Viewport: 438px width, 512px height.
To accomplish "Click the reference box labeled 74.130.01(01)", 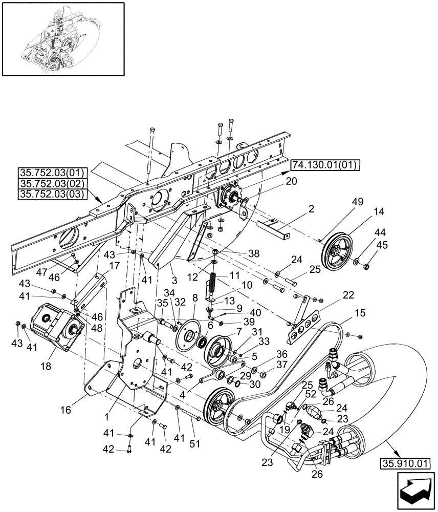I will coord(325,165).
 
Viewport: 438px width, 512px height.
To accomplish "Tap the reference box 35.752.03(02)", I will coord(53,183).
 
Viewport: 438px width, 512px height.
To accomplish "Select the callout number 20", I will coord(291,182).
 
